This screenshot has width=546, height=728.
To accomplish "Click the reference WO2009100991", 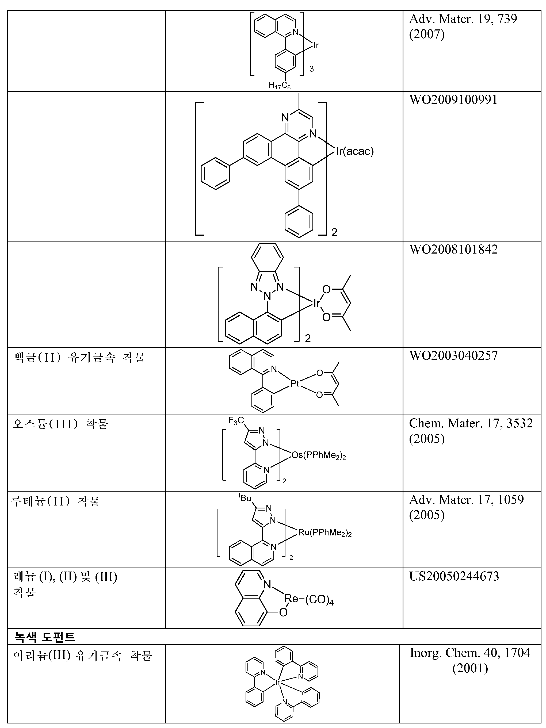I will click(x=453, y=100).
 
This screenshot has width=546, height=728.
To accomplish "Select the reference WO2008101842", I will click(x=453, y=250).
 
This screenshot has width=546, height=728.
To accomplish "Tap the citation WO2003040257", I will click(x=453, y=355).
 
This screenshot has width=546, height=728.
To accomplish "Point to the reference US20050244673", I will click(x=454, y=576).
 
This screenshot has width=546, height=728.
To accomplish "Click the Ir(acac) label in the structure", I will click(x=354, y=151).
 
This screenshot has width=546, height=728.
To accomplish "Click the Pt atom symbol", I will click(x=295, y=383).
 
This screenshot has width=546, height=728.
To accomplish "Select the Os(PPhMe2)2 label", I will click(x=318, y=455).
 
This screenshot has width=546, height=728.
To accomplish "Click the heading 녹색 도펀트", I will click(x=44, y=637).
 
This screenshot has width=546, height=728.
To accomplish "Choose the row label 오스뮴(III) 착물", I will click(x=60, y=424).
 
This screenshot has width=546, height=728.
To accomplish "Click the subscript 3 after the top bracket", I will click(x=311, y=69).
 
